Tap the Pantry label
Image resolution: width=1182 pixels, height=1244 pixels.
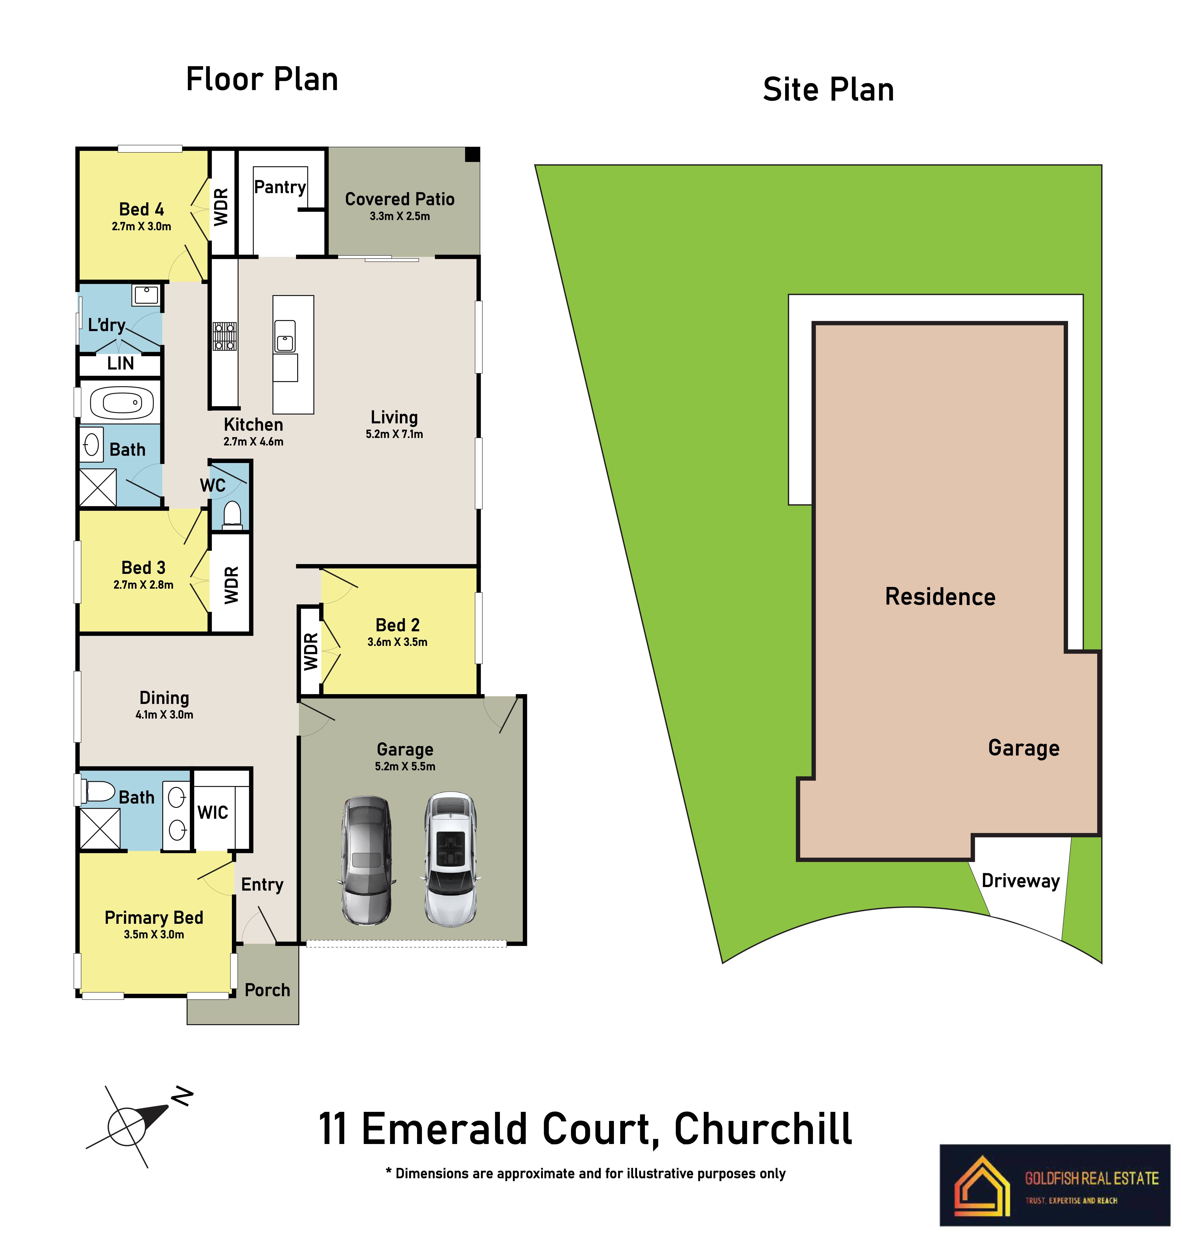pyautogui.click(x=280, y=187)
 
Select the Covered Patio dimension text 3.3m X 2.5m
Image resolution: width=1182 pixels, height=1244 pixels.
pyautogui.click(x=399, y=216)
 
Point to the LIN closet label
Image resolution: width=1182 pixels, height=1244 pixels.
pyautogui.click(x=120, y=364)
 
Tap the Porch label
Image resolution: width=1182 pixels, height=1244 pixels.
pyautogui.click(x=267, y=990)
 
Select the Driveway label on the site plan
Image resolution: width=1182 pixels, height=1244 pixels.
pyautogui.click(x=1021, y=881)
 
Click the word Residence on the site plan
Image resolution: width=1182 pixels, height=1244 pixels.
pyautogui.click(x=940, y=597)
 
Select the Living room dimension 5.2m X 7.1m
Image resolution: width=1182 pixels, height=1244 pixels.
pyautogui.click(x=394, y=434)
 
